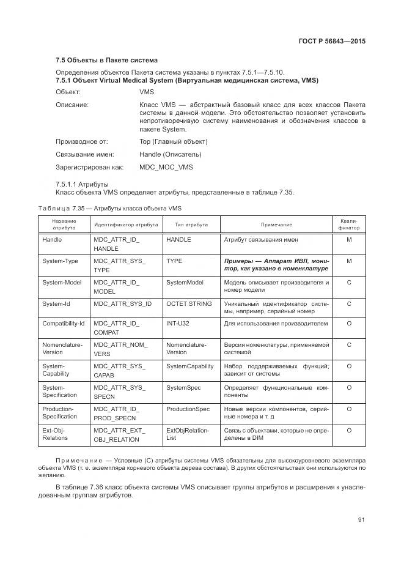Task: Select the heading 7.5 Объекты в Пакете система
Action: (x=106, y=60)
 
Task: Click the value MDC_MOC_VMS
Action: (x=166, y=167)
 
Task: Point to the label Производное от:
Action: (x=81, y=141)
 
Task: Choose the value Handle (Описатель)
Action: (x=170, y=154)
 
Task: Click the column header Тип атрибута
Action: (x=191, y=225)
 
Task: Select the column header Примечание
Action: (x=276, y=225)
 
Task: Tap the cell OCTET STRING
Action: (x=189, y=303)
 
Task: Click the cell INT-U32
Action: (x=178, y=323)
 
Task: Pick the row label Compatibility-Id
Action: (x=63, y=323)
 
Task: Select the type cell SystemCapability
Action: (x=189, y=366)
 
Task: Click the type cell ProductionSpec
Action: (x=188, y=409)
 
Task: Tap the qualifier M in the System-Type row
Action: (x=348, y=261)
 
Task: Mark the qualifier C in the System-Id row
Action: (x=348, y=303)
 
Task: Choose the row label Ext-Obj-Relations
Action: (x=55, y=434)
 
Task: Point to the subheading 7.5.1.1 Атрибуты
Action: (x=82, y=184)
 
